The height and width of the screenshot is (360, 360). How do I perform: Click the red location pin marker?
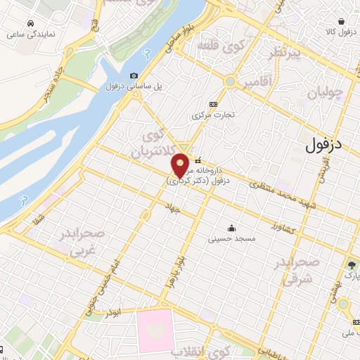click(x=181, y=165)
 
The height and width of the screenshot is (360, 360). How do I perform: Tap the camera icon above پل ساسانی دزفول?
click(x=134, y=76)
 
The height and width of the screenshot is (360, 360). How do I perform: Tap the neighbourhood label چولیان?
click(x=327, y=91)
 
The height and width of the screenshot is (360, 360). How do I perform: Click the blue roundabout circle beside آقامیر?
click(x=229, y=82)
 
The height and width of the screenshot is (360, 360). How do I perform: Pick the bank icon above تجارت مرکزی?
click(x=214, y=103)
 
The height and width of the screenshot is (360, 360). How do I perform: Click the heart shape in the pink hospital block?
click(x=155, y=329)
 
